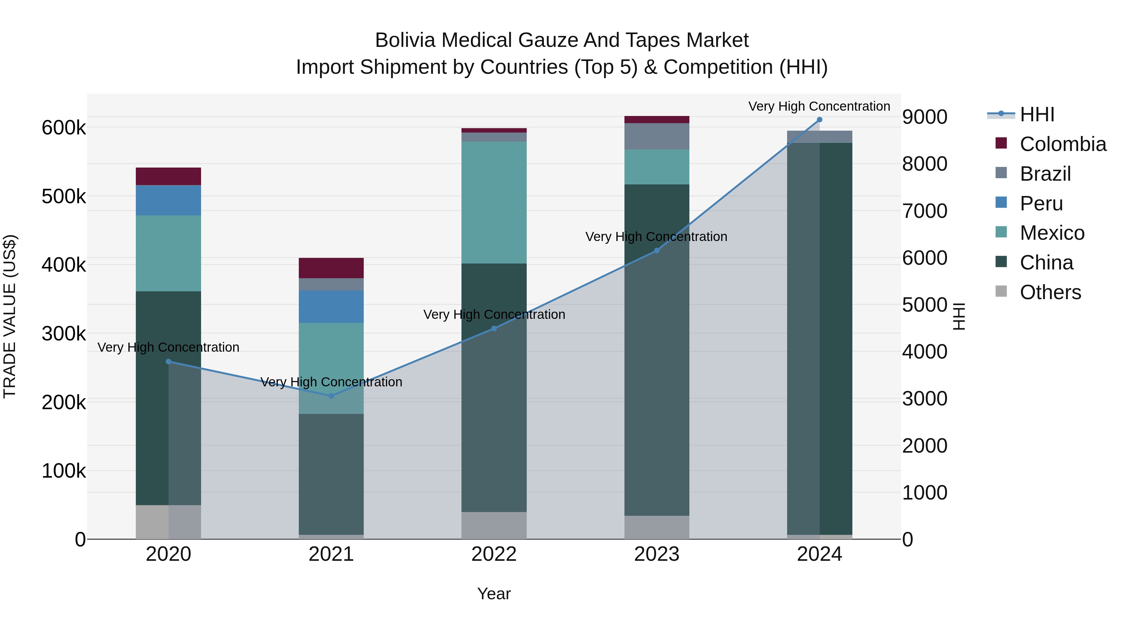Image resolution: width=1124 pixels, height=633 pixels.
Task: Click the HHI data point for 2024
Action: (820, 120)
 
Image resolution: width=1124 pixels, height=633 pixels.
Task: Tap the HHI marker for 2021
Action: (331, 396)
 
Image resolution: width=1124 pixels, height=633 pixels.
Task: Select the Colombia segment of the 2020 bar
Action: (168, 177)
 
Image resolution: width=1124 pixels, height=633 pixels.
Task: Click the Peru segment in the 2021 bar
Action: (331, 307)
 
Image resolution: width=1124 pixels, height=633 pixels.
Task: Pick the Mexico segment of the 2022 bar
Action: (494, 202)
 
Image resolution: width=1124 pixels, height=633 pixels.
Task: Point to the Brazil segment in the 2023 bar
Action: (657, 136)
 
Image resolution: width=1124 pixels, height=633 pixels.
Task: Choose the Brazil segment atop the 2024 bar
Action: (820, 137)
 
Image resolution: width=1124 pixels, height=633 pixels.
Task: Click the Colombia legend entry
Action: (1062, 144)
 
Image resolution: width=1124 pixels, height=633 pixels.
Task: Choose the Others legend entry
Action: (1050, 292)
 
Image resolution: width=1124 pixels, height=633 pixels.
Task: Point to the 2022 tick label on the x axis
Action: (494, 554)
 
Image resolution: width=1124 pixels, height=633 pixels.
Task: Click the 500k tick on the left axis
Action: (64, 197)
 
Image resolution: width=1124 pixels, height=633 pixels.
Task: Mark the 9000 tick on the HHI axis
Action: (924, 117)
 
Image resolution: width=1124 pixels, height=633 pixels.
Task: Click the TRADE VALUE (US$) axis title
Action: (10, 316)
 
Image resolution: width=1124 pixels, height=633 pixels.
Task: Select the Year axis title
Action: (494, 594)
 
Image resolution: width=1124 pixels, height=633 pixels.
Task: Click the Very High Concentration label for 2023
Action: (656, 237)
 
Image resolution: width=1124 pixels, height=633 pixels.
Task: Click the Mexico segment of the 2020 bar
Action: (168, 254)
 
